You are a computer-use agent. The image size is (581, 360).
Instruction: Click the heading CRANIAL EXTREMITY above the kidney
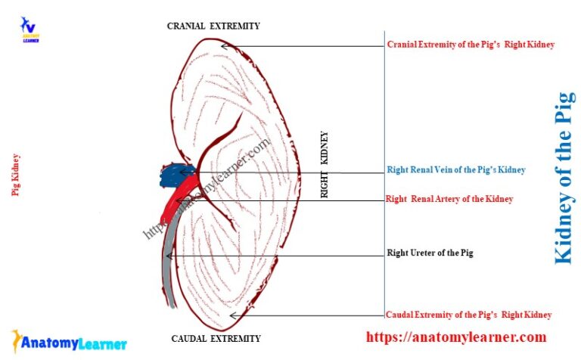(213, 26)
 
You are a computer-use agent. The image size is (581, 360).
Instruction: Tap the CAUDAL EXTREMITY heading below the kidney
(216, 339)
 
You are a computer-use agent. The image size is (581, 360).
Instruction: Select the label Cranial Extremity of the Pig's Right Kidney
(471, 45)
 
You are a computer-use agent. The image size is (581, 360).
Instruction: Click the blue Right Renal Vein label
(455, 170)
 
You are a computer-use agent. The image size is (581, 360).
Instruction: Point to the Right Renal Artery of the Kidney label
(449, 199)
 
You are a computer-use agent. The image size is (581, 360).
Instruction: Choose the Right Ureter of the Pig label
(430, 253)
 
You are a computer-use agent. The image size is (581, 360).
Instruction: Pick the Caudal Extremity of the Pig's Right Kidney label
(468, 315)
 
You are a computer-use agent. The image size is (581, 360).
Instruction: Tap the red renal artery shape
(179, 198)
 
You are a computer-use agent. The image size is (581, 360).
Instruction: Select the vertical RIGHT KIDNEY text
(325, 165)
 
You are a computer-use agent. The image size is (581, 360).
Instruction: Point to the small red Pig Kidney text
(15, 175)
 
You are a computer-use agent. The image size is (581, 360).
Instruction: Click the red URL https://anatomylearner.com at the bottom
(456, 337)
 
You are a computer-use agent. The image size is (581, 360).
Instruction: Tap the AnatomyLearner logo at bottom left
(69, 342)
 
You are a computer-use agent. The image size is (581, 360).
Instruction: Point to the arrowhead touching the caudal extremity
(234, 315)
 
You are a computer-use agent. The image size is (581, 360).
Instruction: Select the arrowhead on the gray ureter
(169, 256)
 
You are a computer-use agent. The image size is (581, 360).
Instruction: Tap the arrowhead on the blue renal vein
(182, 173)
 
